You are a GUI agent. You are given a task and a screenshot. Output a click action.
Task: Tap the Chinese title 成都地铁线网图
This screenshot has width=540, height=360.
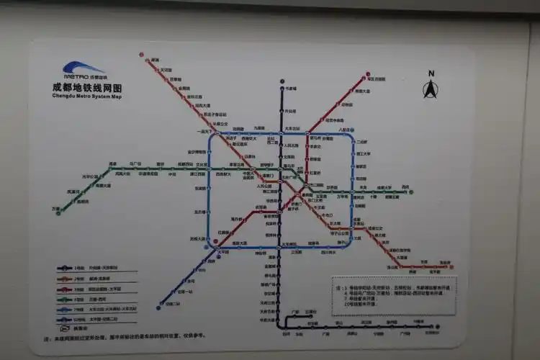84,87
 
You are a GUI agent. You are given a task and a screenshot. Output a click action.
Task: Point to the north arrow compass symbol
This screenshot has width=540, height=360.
431,90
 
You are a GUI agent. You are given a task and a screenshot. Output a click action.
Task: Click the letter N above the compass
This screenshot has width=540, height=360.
431,73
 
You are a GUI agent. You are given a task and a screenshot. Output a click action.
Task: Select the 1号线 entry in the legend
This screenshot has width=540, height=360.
79,268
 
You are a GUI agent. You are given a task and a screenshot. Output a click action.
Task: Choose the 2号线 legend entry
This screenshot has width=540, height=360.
79,278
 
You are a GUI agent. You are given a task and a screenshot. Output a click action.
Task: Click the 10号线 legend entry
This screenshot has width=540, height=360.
79,318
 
